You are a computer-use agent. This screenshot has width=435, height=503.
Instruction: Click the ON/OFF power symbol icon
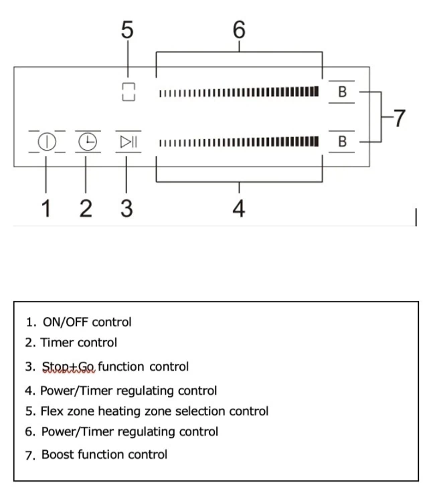tap(46, 142)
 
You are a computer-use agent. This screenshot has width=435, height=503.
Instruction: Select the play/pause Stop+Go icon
tap(128, 142)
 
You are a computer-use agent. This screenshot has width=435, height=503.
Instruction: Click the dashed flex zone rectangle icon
tap(128, 92)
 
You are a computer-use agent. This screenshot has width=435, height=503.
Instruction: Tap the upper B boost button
tap(342, 92)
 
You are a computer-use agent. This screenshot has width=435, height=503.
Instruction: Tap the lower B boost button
tap(342, 142)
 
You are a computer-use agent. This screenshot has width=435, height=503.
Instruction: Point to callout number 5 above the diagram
tap(127, 30)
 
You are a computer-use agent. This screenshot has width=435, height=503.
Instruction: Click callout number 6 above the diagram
tap(239, 30)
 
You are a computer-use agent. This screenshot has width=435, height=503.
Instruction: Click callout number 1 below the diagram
tap(46, 209)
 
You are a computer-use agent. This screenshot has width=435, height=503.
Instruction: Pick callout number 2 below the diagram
tap(86, 209)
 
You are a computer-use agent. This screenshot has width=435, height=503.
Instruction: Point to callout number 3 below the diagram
tap(126, 209)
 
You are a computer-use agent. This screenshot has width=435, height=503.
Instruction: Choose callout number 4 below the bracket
tap(239, 209)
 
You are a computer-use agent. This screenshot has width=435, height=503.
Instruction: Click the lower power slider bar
tap(238, 142)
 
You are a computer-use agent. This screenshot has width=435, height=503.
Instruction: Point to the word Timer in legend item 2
tap(56, 342)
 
